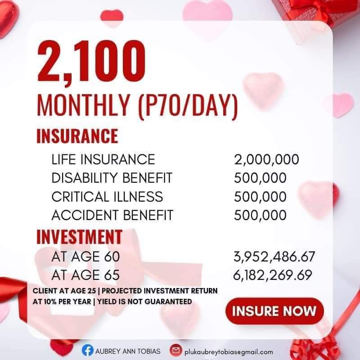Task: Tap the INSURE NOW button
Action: click(x=274, y=310)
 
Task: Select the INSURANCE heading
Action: click(x=77, y=135)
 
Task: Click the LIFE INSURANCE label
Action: click(x=103, y=159)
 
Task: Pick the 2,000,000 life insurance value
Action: click(x=266, y=159)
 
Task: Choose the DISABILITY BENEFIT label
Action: click(x=112, y=178)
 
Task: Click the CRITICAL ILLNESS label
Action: click(x=107, y=197)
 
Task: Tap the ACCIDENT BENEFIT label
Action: click(x=112, y=215)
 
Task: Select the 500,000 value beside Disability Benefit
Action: click(x=260, y=178)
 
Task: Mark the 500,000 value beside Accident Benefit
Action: click(x=260, y=215)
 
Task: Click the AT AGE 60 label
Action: click(x=85, y=257)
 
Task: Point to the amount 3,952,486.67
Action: click(x=274, y=257)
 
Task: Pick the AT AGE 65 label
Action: click(x=85, y=274)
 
